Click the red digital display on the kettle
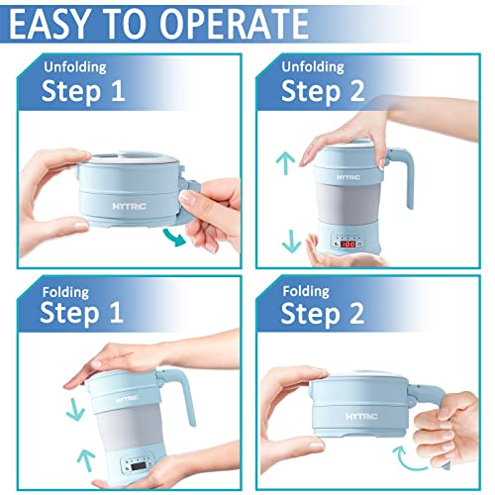(347, 243)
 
